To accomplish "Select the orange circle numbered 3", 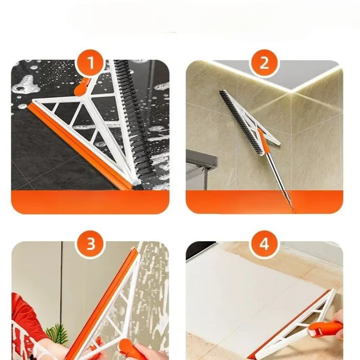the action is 91,243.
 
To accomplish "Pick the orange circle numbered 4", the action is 264,243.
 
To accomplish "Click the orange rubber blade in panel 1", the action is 81,147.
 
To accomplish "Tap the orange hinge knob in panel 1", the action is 81,87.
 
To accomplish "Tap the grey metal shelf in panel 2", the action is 202,158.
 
